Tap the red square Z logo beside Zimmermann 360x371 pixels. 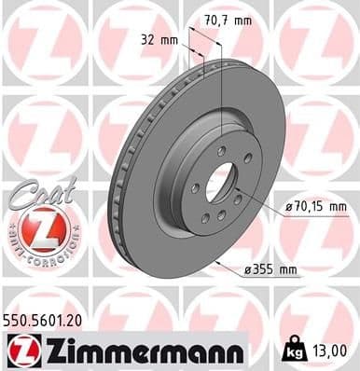[x=19, y=350]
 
